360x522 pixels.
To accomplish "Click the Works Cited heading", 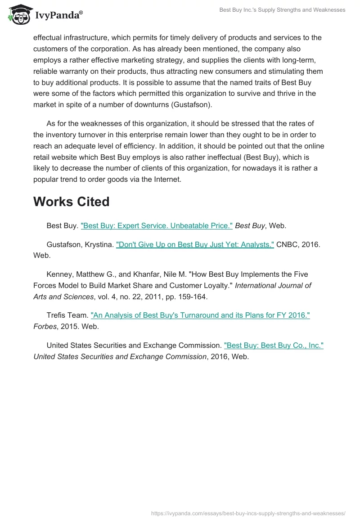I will pyautogui.click(x=71, y=202).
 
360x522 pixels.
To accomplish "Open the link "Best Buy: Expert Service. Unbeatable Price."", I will pyautogui.click(x=157, y=226).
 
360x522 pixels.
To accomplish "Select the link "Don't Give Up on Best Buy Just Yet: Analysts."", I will pyautogui.click(x=195, y=244).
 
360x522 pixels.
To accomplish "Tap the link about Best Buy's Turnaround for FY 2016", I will pyautogui.click(x=200, y=315).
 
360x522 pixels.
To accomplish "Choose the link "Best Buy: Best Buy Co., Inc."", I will pyautogui.click(x=274, y=346).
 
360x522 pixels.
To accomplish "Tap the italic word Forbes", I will pyautogui.click(x=45, y=326).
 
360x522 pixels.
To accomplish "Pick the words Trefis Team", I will pyautogui.click(x=66, y=315).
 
